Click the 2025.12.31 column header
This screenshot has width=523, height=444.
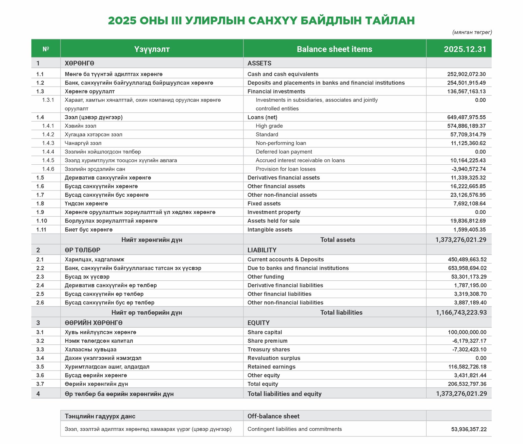[x=465, y=49]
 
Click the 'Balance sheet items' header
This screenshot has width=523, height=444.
[x=334, y=49]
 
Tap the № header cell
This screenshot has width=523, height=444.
[x=46, y=49]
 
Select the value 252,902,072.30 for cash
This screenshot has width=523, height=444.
[x=466, y=74]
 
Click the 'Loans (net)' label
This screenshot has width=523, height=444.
[x=262, y=117]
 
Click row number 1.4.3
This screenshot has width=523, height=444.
[x=48, y=143]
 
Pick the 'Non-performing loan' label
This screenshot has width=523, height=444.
[x=281, y=143]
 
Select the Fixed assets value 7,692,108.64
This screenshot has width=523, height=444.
[x=469, y=204]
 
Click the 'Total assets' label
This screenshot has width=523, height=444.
[x=338, y=239]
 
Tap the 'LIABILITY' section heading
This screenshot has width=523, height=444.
[x=262, y=250]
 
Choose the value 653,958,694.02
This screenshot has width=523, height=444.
[x=467, y=268]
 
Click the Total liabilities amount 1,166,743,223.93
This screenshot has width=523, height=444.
[x=461, y=312]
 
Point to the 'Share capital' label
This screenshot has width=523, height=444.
[x=264, y=332]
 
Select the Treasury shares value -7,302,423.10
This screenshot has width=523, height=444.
[x=469, y=350]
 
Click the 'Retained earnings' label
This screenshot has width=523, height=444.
[x=271, y=367]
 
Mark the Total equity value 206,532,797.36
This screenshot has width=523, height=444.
[x=467, y=384]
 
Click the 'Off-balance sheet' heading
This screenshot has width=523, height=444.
[x=273, y=416]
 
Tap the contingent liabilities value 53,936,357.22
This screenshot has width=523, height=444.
[x=469, y=429]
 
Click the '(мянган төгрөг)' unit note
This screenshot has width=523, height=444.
[x=472, y=32]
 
